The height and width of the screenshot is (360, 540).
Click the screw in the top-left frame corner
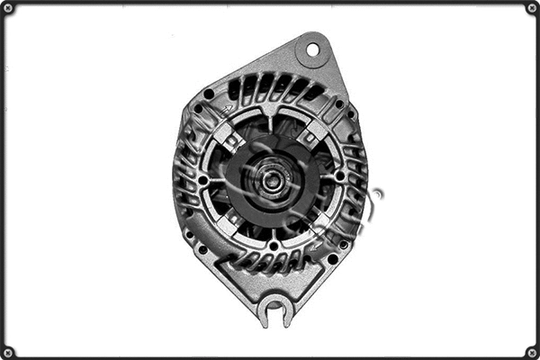coord(8,8)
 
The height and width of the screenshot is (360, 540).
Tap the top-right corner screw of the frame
coord(532,8)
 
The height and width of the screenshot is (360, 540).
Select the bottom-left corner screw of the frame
coord(8,352)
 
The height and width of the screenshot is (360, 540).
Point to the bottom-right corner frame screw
coord(532,352)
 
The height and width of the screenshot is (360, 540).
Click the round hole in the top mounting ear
coord(313,49)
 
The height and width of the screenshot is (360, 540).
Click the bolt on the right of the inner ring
coord(338,177)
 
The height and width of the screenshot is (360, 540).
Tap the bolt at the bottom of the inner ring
coord(273,245)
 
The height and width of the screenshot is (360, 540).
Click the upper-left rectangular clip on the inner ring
coord(231,137)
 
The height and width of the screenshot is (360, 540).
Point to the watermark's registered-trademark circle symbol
coord(376,195)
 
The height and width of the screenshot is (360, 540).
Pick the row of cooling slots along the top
coord(270,88)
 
